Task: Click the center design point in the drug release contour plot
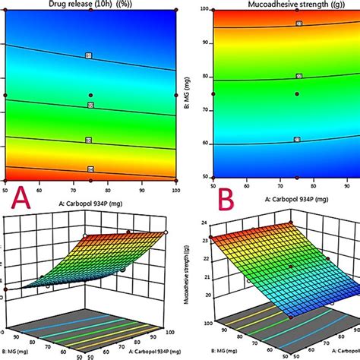point(91,95)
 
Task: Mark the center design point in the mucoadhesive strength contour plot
point(298,94)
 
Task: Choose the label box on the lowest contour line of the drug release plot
point(90,169)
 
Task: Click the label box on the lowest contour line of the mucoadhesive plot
point(298,139)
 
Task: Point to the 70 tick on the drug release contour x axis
point(74,189)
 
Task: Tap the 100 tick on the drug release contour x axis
point(175,189)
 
